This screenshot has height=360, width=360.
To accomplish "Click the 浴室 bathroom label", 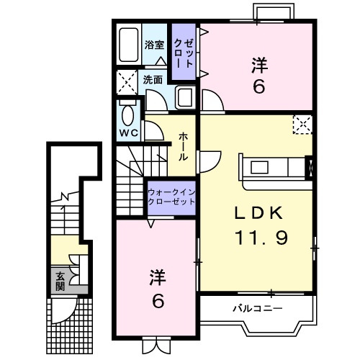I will point(154,45).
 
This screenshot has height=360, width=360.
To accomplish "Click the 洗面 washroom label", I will point(152,80).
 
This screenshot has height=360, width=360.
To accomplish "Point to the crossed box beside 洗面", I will point(127,82).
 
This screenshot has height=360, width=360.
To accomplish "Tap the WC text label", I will point(129,133).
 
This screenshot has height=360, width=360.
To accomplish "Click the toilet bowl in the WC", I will point(128,114).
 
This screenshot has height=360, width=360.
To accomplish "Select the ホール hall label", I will point(184,145).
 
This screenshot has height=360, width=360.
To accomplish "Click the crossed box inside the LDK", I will point(302,125).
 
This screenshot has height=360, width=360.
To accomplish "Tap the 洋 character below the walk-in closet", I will point(157,277).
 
